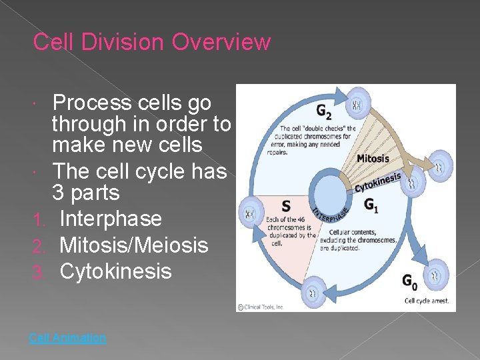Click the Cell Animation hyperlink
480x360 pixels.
tap(67, 338)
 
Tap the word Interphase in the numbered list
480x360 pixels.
tap(110, 219)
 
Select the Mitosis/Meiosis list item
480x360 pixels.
tap(133, 245)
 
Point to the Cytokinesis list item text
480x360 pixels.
tap(115, 271)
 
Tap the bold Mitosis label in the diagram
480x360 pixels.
tap(372, 158)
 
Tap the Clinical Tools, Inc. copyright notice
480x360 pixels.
tap(262, 307)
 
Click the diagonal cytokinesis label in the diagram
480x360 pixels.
tap(377, 181)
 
